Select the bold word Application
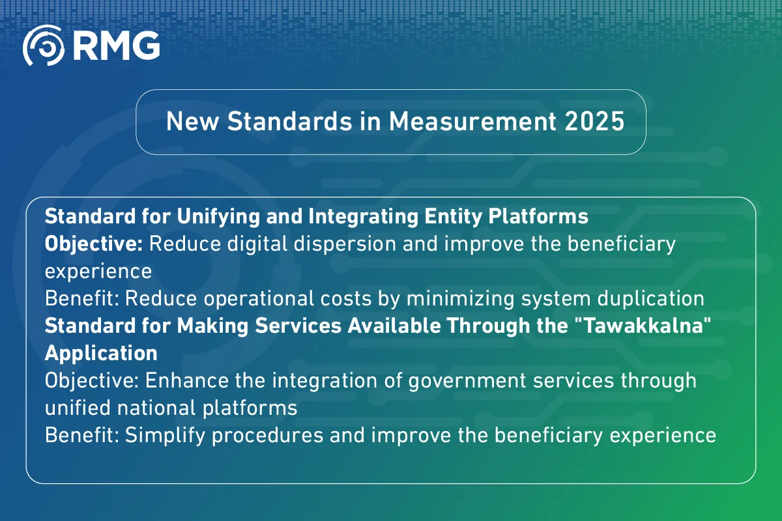pyautogui.click(x=101, y=353)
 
